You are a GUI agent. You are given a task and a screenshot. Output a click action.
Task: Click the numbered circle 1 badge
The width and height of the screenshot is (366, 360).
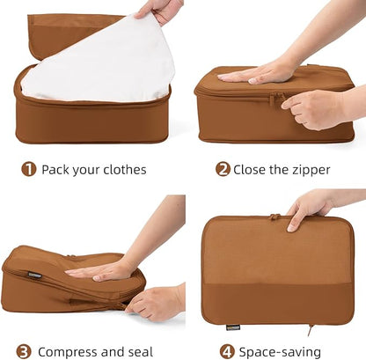pyautogui.click(x=29, y=169)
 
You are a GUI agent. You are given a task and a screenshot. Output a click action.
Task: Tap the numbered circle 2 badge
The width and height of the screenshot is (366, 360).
pyautogui.click(x=223, y=169)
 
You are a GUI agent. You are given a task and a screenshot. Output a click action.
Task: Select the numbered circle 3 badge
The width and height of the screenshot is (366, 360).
pyautogui.click(x=24, y=351)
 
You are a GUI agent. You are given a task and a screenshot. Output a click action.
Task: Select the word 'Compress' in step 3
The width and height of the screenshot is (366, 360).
pyautogui.click(x=69, y=351)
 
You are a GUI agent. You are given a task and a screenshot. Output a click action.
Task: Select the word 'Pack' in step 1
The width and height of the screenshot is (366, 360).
pyautogui.click(x=56, y=169)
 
